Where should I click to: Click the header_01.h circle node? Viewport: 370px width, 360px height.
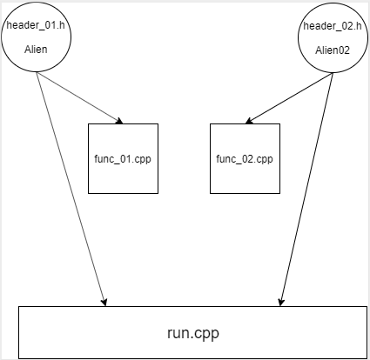(36, 39)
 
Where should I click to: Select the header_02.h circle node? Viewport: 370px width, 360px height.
(333, 39)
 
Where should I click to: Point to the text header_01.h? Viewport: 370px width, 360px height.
(36, 27)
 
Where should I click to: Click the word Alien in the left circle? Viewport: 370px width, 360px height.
(36, 50)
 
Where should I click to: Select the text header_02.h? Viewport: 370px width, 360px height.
(333, 27)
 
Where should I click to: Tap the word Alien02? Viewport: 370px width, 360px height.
(333, 50)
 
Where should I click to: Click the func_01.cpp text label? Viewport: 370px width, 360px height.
(123, 159)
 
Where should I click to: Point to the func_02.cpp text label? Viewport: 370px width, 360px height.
(245, 159)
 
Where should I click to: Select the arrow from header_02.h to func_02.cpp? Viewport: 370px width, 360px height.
(287, 97)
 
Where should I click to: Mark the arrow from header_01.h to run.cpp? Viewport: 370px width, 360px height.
(71, 191)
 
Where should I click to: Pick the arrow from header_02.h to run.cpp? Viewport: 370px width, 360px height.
(306, 191)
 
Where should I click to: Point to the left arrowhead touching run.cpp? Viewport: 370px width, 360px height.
(104, 302)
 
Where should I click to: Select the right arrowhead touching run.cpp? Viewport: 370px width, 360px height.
(280, 302)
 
